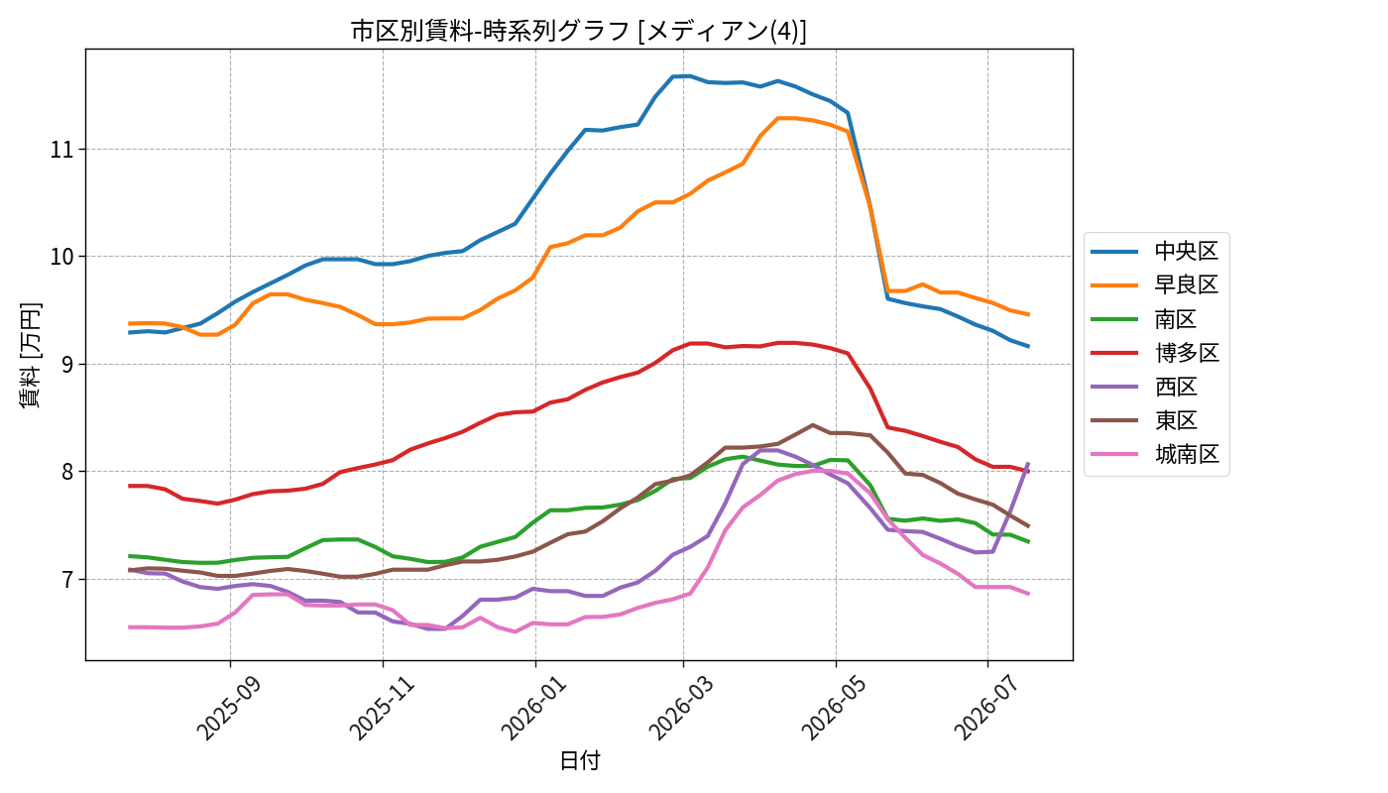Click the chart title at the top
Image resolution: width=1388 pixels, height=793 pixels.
point(579,31)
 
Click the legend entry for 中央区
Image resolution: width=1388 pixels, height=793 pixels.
point(1155,251)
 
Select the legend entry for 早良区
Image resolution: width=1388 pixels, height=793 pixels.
point(1155,285)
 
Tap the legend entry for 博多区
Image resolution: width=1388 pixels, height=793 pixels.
point(1155,353)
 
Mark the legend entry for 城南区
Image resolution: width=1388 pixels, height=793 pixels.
point(1155,454)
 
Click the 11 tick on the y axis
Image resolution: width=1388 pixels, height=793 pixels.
point(61,150)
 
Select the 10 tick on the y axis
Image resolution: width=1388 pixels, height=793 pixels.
point(61,257)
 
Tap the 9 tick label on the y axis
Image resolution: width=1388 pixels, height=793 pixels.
point(67,364)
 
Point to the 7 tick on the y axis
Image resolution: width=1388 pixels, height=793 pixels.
point(67,579)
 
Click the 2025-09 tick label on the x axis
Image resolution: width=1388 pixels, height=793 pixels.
point(228,708)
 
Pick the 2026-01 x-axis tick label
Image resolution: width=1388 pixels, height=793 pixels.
point(533,708)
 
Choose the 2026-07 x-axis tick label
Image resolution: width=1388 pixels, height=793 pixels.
point(985,708)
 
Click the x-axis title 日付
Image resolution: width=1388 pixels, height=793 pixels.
point(579,760)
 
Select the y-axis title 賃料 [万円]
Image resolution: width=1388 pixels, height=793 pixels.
point(30,355)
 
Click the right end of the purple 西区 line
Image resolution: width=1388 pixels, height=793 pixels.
point(1029,463)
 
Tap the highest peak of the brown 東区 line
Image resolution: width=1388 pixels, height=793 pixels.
point(812,425)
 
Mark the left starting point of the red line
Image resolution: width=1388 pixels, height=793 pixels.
point(129,486)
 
